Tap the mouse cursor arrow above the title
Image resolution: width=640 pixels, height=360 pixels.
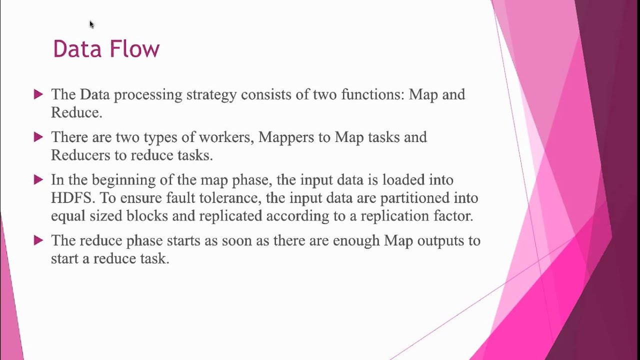coord(91,24)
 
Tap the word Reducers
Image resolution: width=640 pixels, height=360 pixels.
coord(80,155)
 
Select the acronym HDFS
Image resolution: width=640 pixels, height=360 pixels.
coord(72,197)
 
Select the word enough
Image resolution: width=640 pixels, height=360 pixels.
coord(356,240)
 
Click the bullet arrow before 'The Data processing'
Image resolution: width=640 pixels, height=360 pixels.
coord(38,94)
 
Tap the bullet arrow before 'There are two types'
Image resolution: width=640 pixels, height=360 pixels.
coord(38,136)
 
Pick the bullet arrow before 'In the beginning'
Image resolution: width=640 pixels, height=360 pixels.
coord(38,179)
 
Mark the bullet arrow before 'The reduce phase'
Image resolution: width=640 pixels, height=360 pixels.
coord(38,240)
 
